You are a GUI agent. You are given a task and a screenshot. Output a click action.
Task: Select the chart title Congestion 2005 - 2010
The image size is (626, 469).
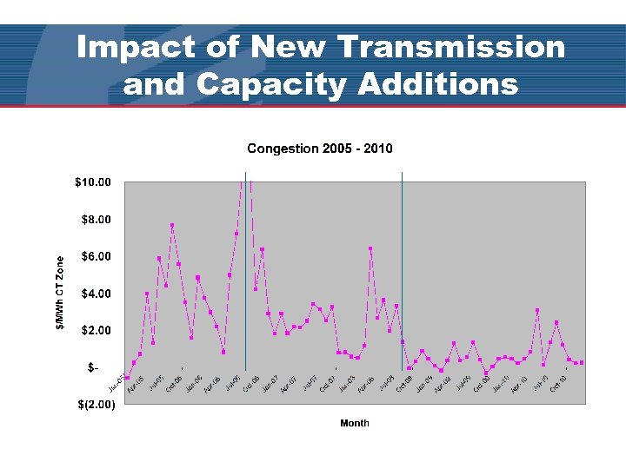[x=320, y=149]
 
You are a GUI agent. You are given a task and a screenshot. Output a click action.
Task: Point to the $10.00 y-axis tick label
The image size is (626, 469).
[x=93, y=182]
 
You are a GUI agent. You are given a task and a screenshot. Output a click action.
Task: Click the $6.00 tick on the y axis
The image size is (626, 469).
[x=97, y=256]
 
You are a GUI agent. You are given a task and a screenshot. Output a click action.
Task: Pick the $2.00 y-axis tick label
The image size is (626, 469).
[x=97, y=330]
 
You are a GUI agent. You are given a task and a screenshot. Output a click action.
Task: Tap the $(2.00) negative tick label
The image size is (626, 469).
[x=93, y=405]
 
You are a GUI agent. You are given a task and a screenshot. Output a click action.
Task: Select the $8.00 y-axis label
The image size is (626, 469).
[x=97, y=220]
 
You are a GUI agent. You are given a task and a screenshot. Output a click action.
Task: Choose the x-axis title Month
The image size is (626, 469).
[x=355, y=423]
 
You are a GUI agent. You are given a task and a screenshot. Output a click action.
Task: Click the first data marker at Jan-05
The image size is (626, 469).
[x=127, y=378]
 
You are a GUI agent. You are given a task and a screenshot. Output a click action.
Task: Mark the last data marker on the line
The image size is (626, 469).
[x=582, y=362]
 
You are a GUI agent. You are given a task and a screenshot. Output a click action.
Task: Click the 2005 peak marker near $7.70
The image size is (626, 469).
[x=172, y=226]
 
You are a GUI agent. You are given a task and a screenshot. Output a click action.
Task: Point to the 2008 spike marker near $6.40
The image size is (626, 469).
[x=370, y=248]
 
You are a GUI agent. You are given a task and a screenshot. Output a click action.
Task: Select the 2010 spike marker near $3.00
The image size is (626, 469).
[x=537, y=310]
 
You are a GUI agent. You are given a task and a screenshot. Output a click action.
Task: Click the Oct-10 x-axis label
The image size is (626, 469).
[x=558, y=384]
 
